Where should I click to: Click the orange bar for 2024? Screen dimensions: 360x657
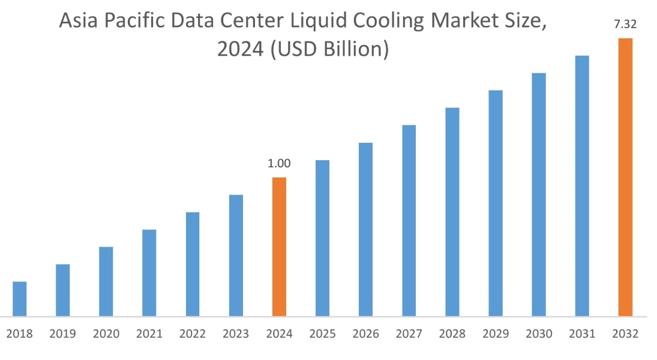pyautogui.click(x=279, y=247)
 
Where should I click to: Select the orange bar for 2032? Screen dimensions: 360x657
pyautogui.click(x=625, y=177)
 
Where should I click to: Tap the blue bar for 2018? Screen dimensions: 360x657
pyautogui.click(x=19, y=299)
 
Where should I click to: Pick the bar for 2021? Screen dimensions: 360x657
pyautogui.click(x=149, y=273)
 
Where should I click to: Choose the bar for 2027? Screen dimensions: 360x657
pyautogui.click(x=409, y=220)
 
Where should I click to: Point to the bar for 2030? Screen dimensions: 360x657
pyautogui.click(x=539, y=194)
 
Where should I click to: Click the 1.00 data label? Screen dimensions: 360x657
pyautogui.click(x=279, y=163)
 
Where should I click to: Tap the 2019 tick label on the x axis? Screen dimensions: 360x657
pyautogui.click(x=63, y=334)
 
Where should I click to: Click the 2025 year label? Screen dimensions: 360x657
pyautogui.click(x=322, y=334)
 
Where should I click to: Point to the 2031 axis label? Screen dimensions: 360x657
pyautogui.click(x=582, y=334)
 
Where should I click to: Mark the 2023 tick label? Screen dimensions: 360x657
pyautogui.click(x=236, y=334)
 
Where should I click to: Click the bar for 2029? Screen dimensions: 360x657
pyautogui.click(x=496, y=203)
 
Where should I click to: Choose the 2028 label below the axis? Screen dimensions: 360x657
pyautogui.click(x=452, y=334)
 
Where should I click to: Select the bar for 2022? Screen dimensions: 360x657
pyautogui.click(x=193, y=264)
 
